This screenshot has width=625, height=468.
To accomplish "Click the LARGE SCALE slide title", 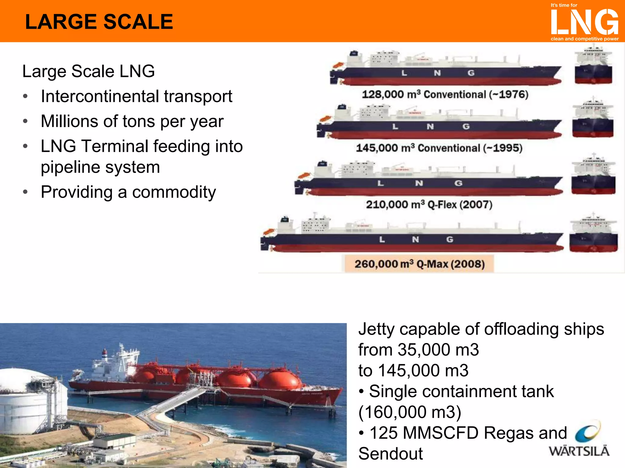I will [99, 22].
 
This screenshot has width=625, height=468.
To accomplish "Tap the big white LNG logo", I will [584, 22].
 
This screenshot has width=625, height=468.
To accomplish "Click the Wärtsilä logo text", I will [579, 451].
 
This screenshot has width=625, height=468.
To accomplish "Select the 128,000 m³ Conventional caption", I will [445, 94].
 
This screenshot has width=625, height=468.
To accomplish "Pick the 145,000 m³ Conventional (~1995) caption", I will [439, 148].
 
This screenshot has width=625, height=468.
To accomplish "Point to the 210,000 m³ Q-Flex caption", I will [429, 204].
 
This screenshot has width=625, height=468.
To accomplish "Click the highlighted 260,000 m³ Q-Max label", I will [419, 264].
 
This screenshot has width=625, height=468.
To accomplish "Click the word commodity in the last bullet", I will [174, 192].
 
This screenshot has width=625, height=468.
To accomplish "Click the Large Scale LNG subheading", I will [89, 71].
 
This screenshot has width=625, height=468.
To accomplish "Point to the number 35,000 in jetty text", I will [424, 349].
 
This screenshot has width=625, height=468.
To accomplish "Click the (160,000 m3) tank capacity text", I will [410, 412].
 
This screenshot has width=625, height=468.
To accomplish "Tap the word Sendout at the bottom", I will [390, 454].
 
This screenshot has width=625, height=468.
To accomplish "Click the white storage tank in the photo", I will [27, 402].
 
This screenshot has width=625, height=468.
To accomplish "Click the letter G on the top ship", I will [471, 73].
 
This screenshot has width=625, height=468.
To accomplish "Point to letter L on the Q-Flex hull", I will [380, 183].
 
